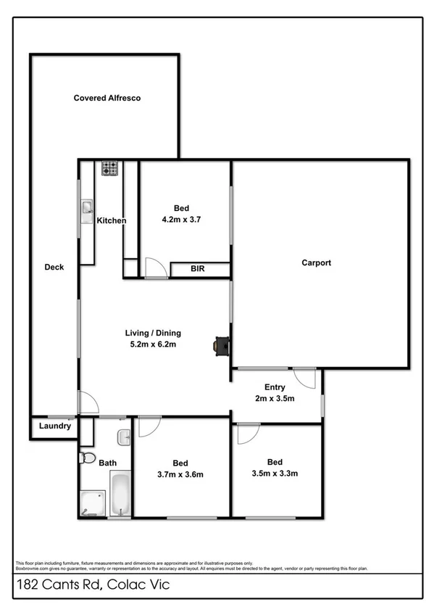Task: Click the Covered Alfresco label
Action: pyautogui.click(x=107, y=98)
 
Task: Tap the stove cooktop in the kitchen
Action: pyautogui.click(x=110, y=168)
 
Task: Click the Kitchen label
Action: pyautogui.click(x=112, y=220)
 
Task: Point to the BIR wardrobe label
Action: pyautogui.click(x=198, y=269)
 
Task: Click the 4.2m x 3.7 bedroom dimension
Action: pyautogui.click(x=180, y=218)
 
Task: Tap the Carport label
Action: pyautogui.click(x=316, y=263)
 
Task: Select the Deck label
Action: pyautogui.click(x=54, y=267)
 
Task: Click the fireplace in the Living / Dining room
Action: pyautogui.click(x=220, y=346)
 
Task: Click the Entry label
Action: pyautogui.click(x=275, y=387)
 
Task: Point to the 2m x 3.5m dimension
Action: pyautogui.click(x=275, y=398)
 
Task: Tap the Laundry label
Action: pyautogui.click(x=55, y=426)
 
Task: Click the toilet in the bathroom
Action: pyautogui.click(x=87, y=458)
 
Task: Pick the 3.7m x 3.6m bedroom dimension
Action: pyautogui.click(x=180, y=475)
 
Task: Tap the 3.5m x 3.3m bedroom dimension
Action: pyautogui.click(x=275, y=474)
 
